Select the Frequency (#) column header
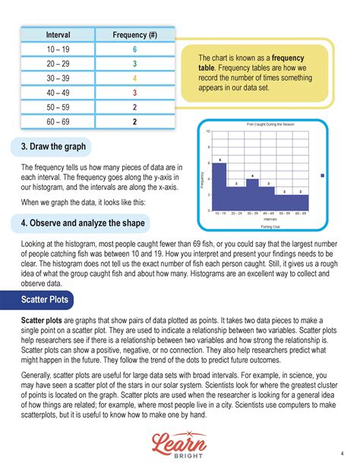[134, 35]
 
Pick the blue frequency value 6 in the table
[134, 49]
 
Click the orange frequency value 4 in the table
[134, 78]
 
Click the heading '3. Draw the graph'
[54, 146]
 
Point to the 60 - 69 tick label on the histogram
[301, 214]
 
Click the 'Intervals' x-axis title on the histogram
[261, 219]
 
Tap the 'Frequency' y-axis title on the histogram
[203, 179]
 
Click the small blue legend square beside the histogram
[323, 176]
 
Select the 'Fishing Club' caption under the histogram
[261, 226]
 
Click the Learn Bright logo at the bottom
[179, 442]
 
